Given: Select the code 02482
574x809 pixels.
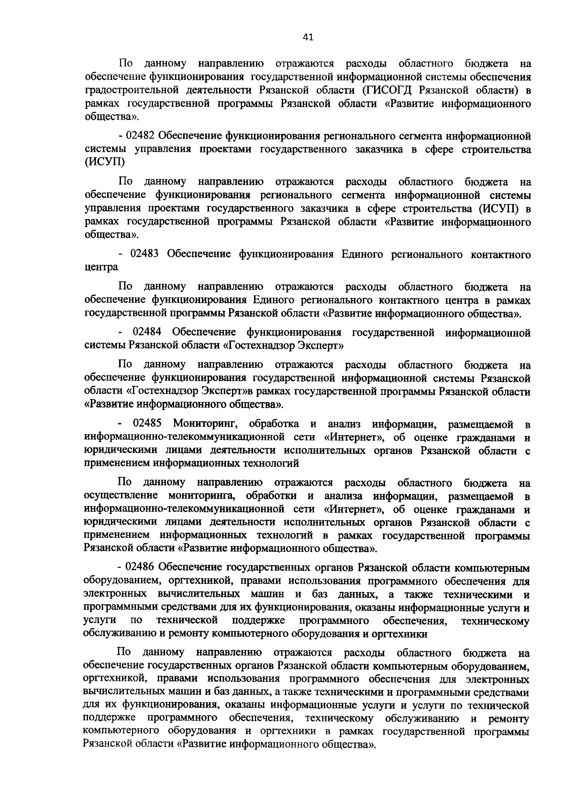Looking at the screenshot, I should [142, 136].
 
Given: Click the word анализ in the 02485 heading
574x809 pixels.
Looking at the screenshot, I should [344, 424].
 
